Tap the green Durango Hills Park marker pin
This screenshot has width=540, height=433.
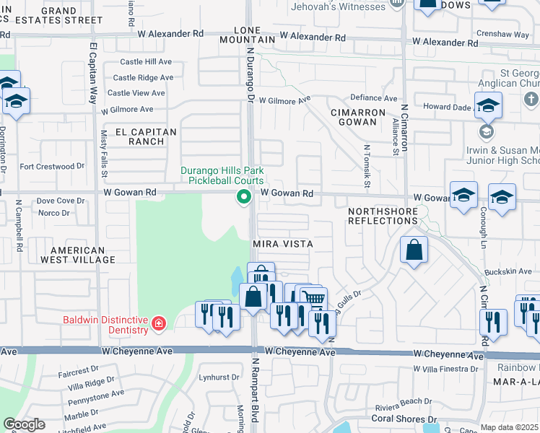[244, 196]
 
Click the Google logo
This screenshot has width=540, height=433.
[25, 424]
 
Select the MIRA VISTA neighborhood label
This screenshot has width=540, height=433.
[283, 244]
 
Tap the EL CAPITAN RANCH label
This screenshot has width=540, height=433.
[146, 136]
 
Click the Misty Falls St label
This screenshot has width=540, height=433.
[105, 154]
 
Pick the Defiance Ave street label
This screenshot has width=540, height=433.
[373, 98]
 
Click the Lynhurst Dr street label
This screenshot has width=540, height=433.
[219, 377]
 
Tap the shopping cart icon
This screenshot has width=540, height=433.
[313, 297]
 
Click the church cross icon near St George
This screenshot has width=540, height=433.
[530, 98]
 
